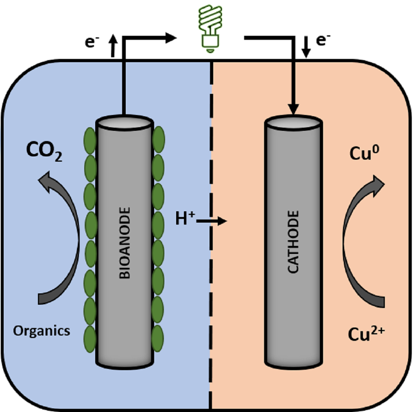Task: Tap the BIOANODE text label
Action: (x=125, y=243)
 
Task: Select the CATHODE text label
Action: (x=293, y=242)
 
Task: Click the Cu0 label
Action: (x=364, y=153)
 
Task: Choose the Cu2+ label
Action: (x=366, y=334)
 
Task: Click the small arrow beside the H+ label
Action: (x=212, y=221)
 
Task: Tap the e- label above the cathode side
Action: (x=323, y=40)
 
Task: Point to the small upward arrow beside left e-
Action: (x=113, y=46)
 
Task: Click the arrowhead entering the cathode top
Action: (x=293, y=109)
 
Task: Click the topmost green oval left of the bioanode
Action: (x=90, y=141)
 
